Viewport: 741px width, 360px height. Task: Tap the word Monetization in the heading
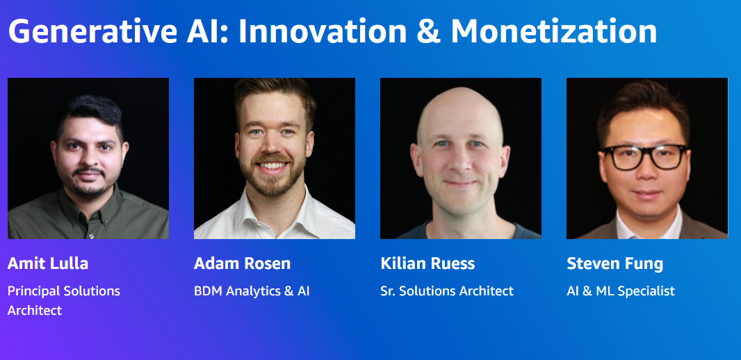[x=554, y=31]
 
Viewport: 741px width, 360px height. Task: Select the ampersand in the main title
[x=427, y=32]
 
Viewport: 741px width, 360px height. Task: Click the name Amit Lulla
[x=48, y=263]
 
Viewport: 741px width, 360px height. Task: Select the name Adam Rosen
[x=242, y=263]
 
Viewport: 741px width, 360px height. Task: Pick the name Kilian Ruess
[x=427, y=263]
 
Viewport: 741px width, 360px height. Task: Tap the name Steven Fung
[x=614, y=263]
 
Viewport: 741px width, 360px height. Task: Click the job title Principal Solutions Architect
[x=64, y=300]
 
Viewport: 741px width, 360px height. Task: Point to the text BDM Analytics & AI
[x=252, y=291]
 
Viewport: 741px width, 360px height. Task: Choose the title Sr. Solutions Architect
[x=446, y=291]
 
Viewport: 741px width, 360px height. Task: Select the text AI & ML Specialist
[x=621, y=291]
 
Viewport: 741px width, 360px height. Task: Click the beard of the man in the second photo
[x=272, y=177]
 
